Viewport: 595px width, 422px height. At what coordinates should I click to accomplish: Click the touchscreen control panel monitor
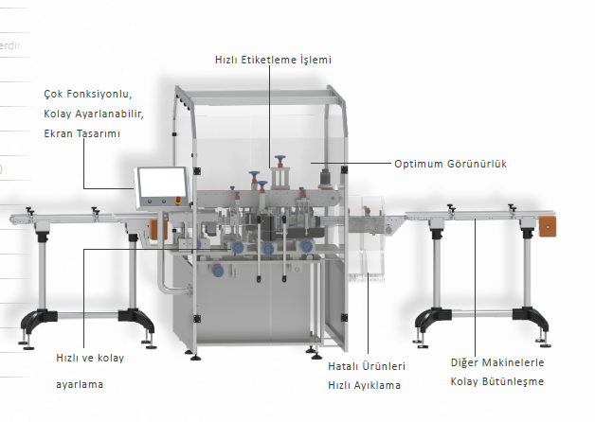[x=161, y=185]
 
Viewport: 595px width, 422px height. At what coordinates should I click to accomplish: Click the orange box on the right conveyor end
[x=548, y=227]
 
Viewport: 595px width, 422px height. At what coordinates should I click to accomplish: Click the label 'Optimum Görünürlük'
[x=451, y=164]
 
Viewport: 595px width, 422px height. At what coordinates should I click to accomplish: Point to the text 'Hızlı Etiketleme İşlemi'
[x=273, y=60]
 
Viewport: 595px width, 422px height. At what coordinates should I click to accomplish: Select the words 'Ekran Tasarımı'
[x=81, y=133]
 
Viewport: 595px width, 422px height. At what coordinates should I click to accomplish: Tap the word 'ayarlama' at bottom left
[x=80, y=384]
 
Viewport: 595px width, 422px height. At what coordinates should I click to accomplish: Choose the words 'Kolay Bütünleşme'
[x=497, y=381]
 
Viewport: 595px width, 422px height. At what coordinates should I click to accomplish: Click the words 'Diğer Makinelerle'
[x=497, y=362]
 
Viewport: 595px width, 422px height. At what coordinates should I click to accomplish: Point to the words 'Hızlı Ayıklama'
[x=364, y=385]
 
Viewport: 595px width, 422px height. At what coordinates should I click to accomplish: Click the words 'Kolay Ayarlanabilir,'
[x=93, y=114]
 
